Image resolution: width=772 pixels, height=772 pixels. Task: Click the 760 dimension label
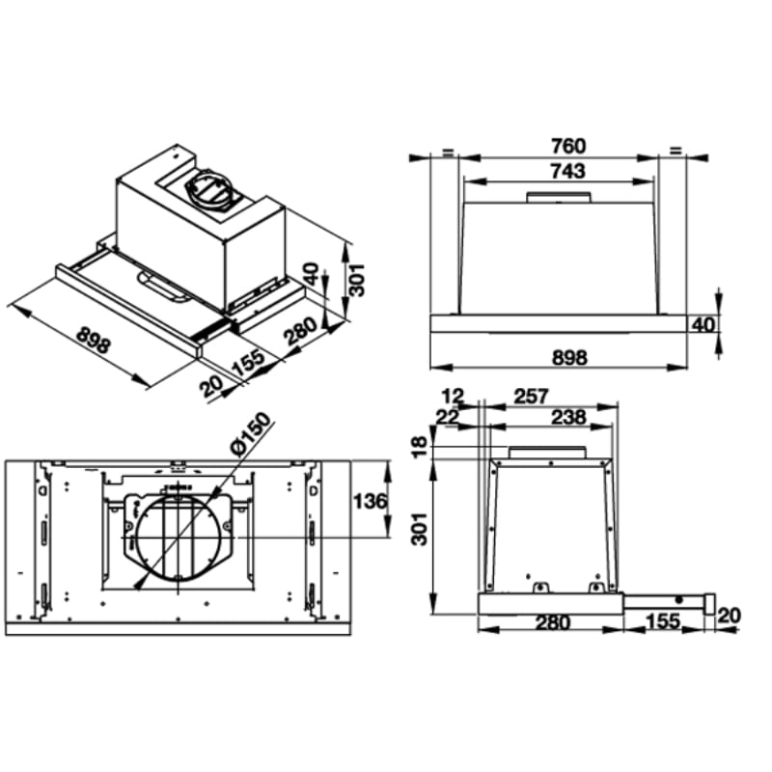pyautogui.click(x=568, y=147)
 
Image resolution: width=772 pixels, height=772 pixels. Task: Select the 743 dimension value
pyautogui.click(x=568, y=171)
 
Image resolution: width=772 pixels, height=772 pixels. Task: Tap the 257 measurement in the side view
pyautogui.click(x=531, y=397)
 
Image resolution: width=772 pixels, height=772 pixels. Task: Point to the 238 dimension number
pyautogui.click(x=568, y=418)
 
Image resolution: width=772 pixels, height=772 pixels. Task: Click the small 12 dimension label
pyautogui.click(x=453, y=397)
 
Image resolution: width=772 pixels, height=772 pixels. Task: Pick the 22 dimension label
pyautogui.click(x=448, y=418)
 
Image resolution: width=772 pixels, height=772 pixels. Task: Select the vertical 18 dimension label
pyautogui.click(x=420, y=447)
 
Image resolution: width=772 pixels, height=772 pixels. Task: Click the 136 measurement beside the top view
pyautogui.click(x=371, y=502)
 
